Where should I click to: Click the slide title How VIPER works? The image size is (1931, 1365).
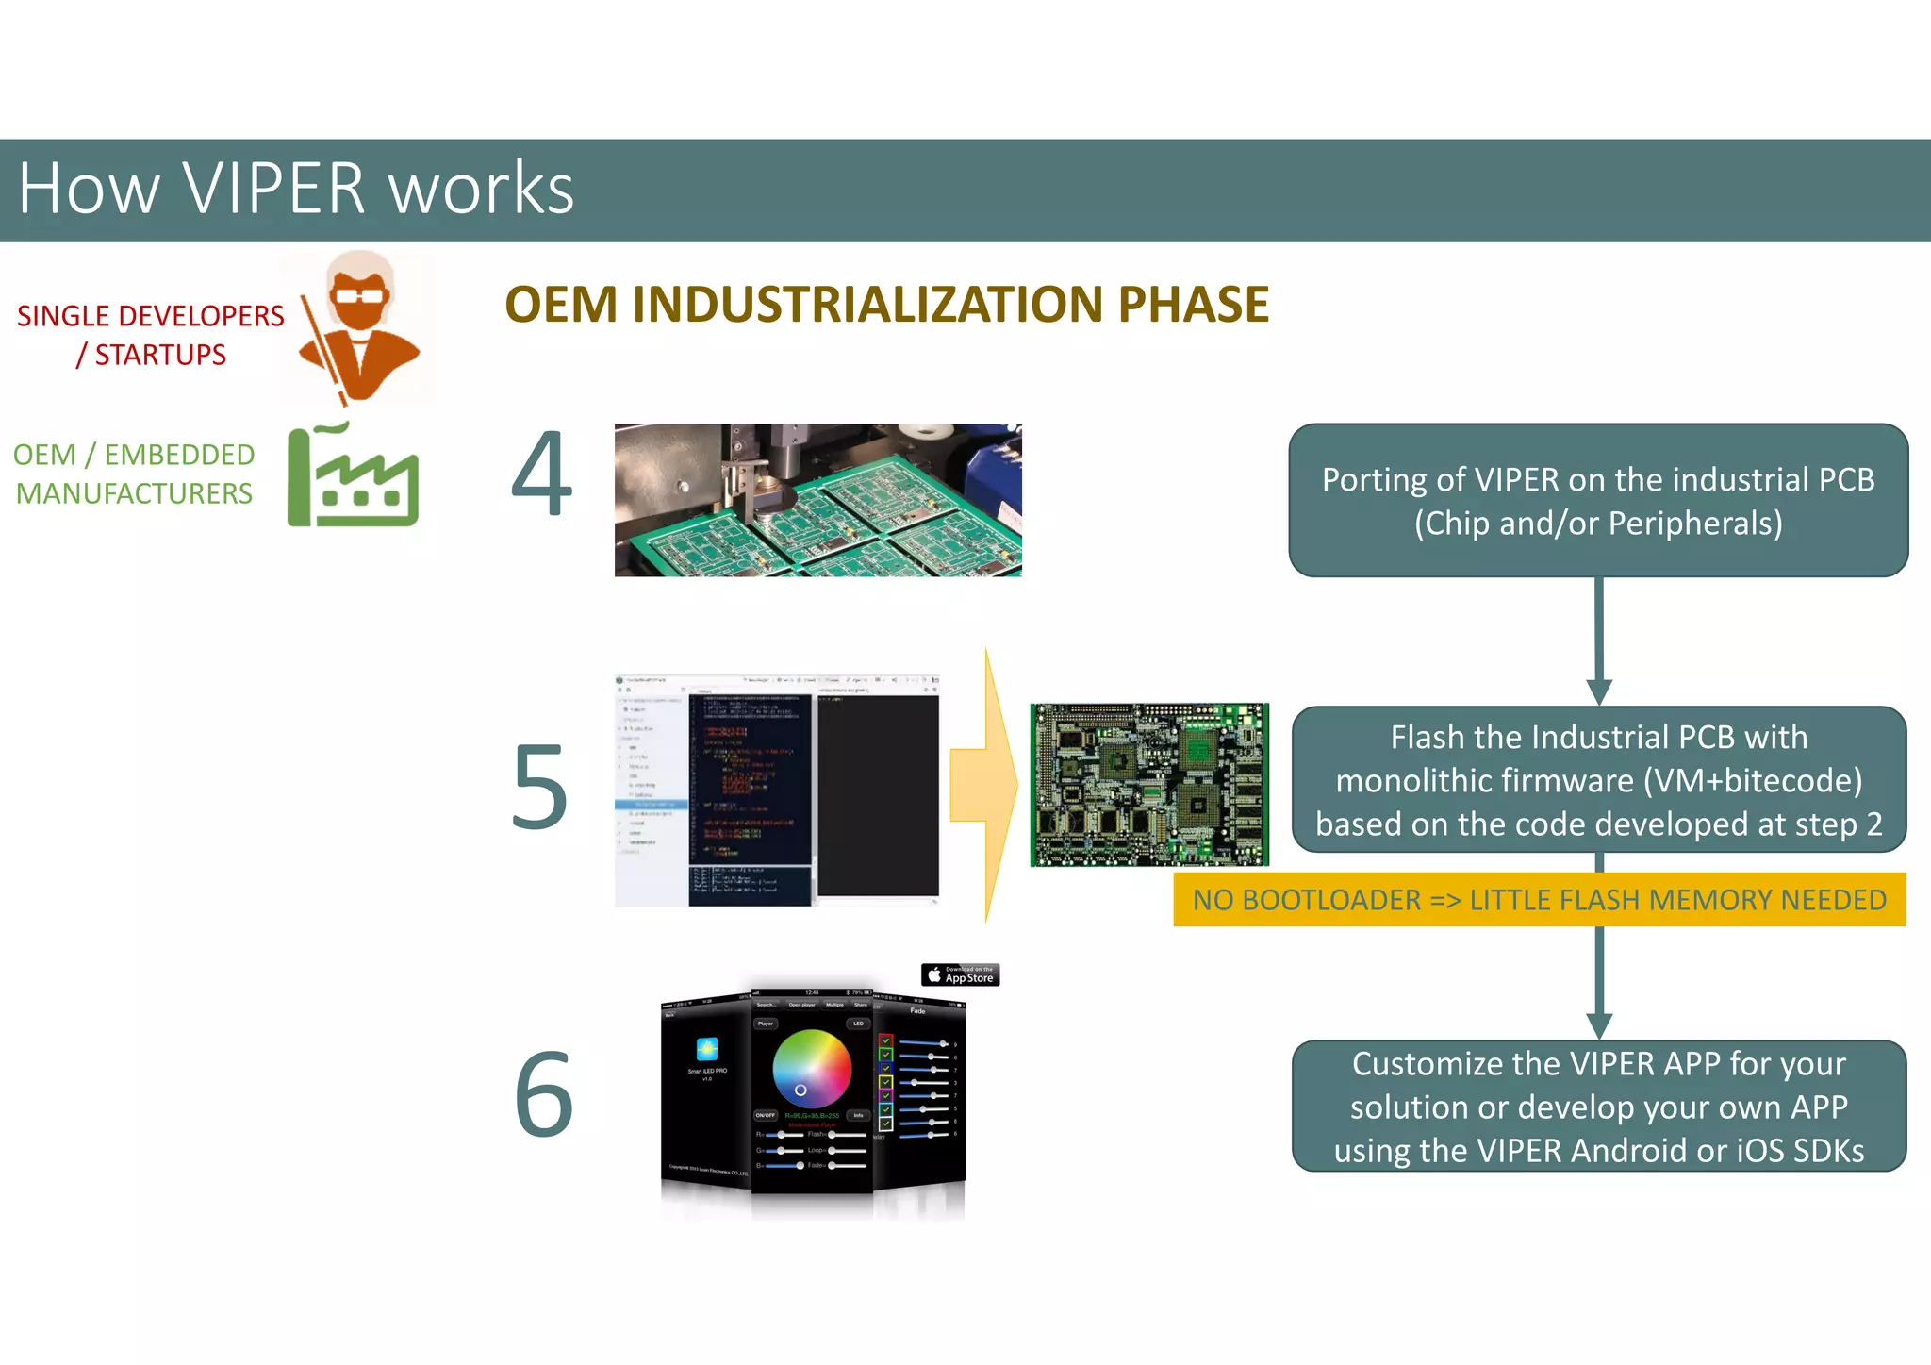pyautogui.click(x=296, y=189)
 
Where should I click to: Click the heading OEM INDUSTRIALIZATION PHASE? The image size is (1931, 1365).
pyautogui.click(x=886, y=305)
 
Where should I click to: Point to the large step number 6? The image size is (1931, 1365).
pyautogui.click(x=544, y=1094)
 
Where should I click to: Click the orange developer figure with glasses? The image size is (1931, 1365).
pyautogui.click(x=359, y=325)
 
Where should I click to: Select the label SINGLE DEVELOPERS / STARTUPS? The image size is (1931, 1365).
pyautogui.click(x=151, y=335)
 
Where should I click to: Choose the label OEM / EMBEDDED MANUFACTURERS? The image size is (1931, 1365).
pyautogui.click(x=134, y=474)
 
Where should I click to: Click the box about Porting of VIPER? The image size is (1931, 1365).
pyautogui.click(x=1598, y=501)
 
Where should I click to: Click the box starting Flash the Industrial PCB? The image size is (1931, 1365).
pyautogui.click(x=1598, y=780)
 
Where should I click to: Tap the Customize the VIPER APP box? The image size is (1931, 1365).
pyautogui.click(x=1598, y=1107)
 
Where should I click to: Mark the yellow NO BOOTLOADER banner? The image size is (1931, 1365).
pyautogui.click(x=1539, y=900)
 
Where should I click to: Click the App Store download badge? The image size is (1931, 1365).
pyautogui.click(x=960, y=974)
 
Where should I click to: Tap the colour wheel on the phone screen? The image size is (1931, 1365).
pyautogui.click(x=811, y=1069)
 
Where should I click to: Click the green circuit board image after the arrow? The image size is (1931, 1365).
pyautogui.click(x=1149, y=785)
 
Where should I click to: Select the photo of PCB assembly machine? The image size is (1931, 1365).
pyautogui.click(x=817, y=500)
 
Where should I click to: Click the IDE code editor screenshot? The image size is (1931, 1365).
pyautogui.click(x=777, y=791)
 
